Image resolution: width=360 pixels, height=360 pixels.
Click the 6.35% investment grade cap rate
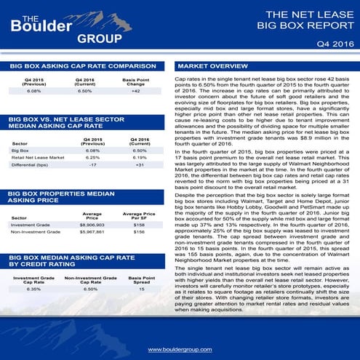tap(33, 289)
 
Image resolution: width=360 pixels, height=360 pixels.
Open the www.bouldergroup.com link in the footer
tap(180, 350)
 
